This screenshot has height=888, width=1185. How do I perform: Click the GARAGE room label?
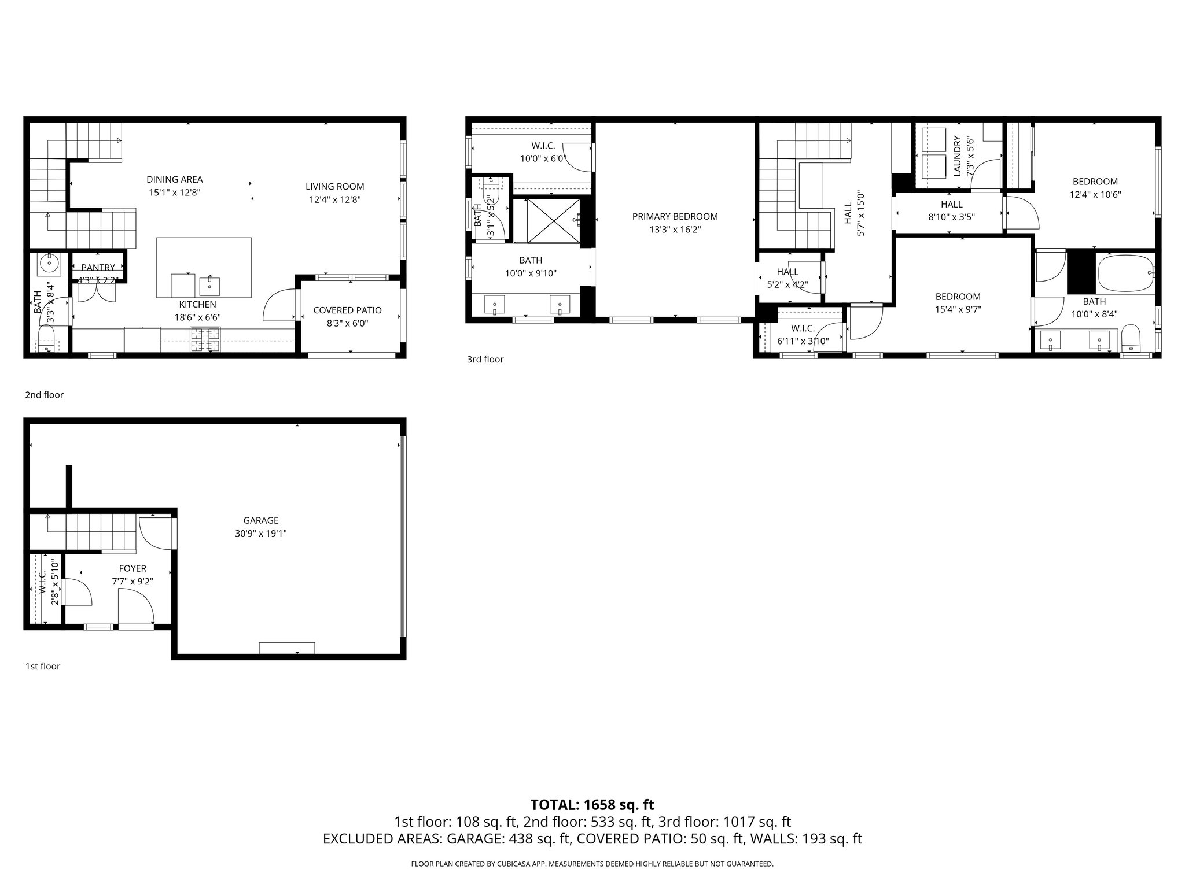point(260,520)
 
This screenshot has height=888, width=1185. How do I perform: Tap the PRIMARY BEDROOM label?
point(675,217)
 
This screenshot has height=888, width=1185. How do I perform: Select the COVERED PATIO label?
point(347,310)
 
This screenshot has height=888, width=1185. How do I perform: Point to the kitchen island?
point(204,267)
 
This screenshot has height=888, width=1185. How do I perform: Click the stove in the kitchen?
point(205,339)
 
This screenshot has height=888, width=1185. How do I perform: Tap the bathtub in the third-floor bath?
point(1125,274)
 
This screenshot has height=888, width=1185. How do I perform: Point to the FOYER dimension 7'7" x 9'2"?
point(133,582)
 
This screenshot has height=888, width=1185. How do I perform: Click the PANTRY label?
point(98,268)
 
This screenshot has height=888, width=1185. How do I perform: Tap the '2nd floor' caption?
point(44,395)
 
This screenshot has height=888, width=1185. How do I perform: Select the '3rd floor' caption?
point(485,360)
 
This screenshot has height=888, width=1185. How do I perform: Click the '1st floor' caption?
point(42,666)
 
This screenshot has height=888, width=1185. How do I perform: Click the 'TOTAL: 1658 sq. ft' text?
point(592,805)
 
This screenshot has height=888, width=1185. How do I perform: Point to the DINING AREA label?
point(174,180)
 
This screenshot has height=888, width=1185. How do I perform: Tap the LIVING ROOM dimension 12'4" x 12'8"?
point(335,200)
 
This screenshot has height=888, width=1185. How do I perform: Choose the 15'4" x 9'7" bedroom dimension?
point(958,309)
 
